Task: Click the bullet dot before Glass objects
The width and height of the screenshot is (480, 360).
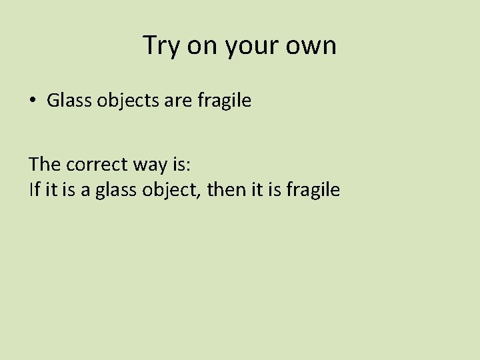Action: [x=32, y=101]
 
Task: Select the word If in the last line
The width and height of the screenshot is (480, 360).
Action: [x=35, y=190]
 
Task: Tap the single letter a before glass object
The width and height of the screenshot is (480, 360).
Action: [x=86, y=191]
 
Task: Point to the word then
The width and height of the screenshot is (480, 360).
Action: [x=225, y=190]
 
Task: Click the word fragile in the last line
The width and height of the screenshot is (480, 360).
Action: [x=313, y=191]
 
